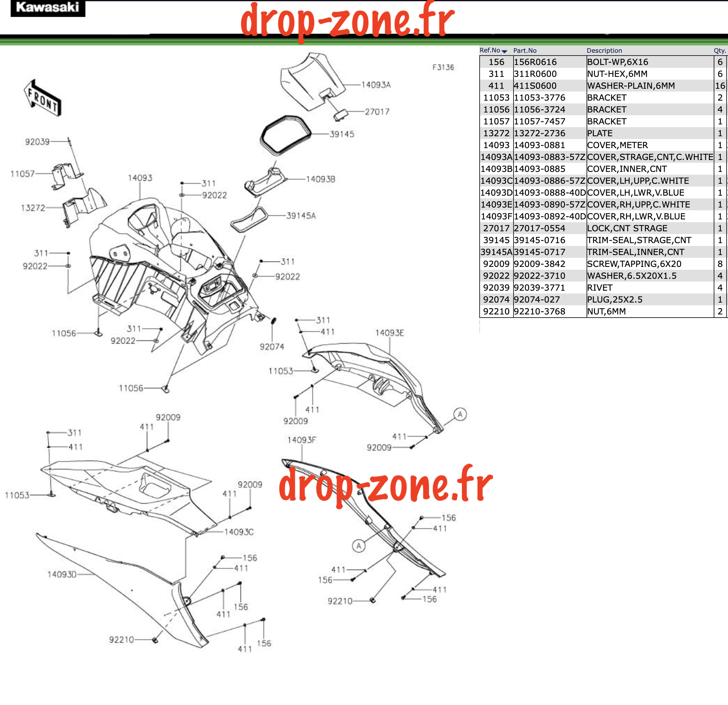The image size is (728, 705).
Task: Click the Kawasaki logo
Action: [x=48, y=8]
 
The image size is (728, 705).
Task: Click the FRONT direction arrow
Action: [x=43, y=98]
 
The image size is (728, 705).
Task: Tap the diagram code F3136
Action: [x=443, y=67]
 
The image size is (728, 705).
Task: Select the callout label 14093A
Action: [x=376, y=85]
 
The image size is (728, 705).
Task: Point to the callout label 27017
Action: [x=377, y=111]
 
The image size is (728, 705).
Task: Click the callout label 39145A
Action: [x=301, y=216]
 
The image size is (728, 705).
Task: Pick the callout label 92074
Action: [x=272, y=347]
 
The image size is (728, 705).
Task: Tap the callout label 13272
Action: [x=33, y=208]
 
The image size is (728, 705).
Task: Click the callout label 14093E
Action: [x=389, y=333]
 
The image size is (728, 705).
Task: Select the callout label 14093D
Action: [x=62, y=574]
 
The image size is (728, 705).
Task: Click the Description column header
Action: [x=604, y=51]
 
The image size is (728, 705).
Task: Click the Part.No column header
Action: [x=525, y=51]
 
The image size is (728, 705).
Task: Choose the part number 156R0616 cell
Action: [x=535, y=62]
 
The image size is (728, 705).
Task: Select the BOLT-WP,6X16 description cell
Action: [x=618, y=62]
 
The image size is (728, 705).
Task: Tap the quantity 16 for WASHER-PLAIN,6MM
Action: [x=720, y=86]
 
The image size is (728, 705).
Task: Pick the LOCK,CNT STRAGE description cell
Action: [x=627, y=228]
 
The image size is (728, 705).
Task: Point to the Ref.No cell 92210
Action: [x=496, y=312]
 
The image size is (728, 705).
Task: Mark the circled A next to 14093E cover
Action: [x=460, y=414]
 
